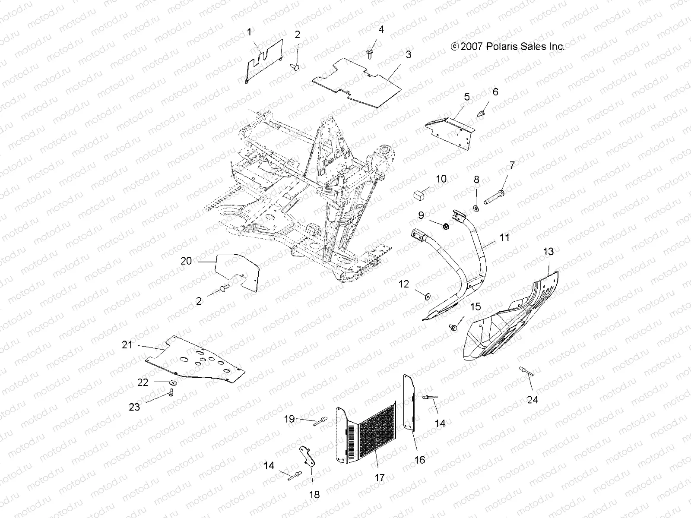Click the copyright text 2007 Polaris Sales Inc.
coord(507,47)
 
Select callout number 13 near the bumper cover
coord(548,251)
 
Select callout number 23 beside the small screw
coord(134,407)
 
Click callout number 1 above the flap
coord(249,32)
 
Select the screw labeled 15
coord(453,327)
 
